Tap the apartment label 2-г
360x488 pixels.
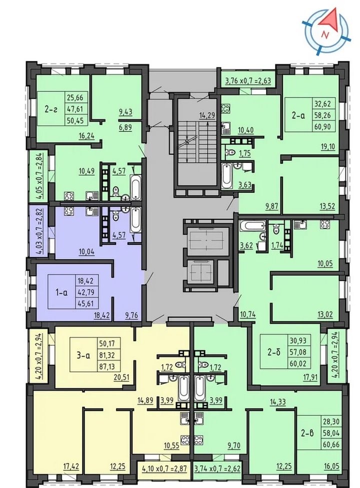coord(51,109)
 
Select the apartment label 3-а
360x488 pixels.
coord(83,355)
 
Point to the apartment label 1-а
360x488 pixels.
coord(61,292)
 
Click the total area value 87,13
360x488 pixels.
coord(107,367)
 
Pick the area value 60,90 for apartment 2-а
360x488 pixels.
coord(322,127)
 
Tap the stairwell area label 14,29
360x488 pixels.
coord(207,115)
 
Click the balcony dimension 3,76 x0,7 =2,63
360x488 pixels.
coord(248,81)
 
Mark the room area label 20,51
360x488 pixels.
coord(122,377)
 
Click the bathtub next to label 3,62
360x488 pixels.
coord(252,226)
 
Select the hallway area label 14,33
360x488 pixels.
coord(278,402)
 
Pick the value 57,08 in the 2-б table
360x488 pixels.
coord(300,352)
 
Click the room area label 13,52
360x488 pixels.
coord(327,206)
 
